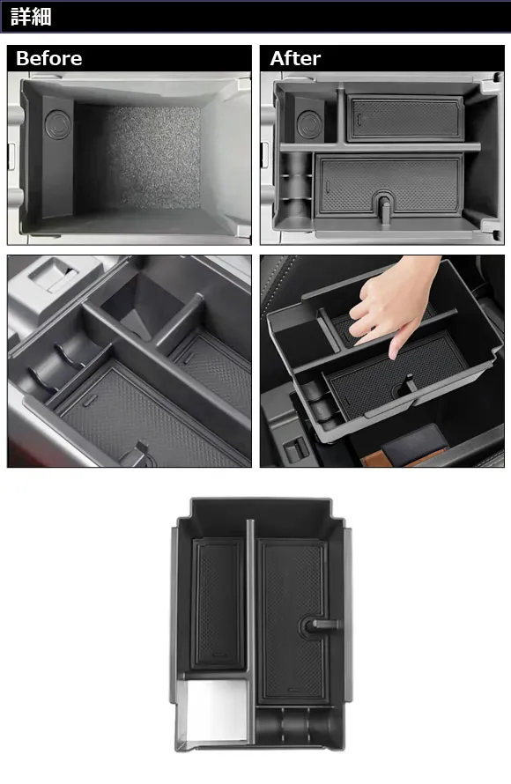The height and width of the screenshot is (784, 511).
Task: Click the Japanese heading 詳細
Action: click(x=31, y=17)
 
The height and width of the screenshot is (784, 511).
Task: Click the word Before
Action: click(x=49, y=58)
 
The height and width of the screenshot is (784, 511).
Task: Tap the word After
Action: click(x=295, y=58)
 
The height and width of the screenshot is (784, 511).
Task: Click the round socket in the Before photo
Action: click(x=57, y=124)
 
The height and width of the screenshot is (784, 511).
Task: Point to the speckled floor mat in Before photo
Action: click(x=152, y=157)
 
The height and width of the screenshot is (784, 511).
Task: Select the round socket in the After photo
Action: click(x=309, y=124)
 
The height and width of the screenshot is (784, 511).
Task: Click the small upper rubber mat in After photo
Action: click(x=404, y=118)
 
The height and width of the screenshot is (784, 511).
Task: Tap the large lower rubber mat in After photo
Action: click(x=389, y=185)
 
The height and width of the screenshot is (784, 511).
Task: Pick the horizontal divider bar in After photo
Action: click(x=380, y=147)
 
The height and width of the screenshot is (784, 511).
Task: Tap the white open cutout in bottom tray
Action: click(x=216, y=711)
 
